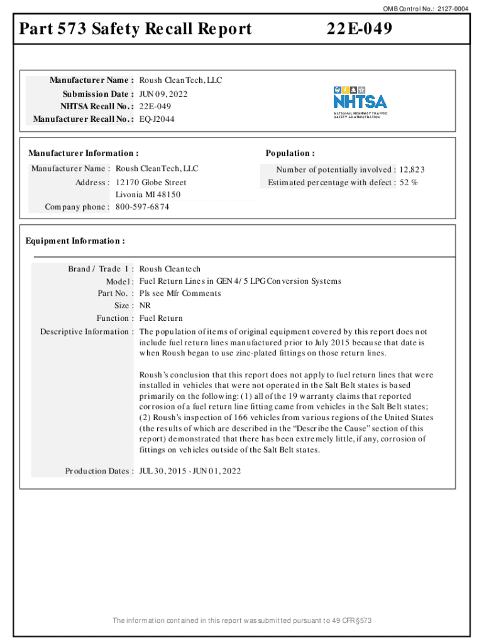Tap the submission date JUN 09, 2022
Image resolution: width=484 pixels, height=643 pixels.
(x=163, y=94)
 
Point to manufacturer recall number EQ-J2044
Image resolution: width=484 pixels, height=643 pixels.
(x=157, y=119)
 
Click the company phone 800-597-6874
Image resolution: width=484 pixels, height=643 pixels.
(x=143, y=207)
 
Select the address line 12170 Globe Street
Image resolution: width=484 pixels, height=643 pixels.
(x=151, y=182)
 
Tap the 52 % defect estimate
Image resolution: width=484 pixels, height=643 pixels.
(x=409, y=182)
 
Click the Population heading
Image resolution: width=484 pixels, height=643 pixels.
(x=290, y=153)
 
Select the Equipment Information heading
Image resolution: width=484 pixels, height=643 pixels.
(x=75, y=241)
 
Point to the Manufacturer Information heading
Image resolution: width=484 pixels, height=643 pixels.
(x=83, y=153)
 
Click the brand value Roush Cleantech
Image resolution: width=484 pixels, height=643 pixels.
(x=170, y=269)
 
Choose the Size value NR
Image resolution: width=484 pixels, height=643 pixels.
(x=145, y=306)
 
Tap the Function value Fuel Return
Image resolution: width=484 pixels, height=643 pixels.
(x=161, y=318)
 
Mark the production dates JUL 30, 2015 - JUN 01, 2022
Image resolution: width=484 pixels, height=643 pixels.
(x=190, y=471)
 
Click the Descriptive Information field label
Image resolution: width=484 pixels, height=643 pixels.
(x=87, y=332)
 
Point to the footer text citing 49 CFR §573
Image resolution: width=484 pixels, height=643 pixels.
(x=242, y=621)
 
